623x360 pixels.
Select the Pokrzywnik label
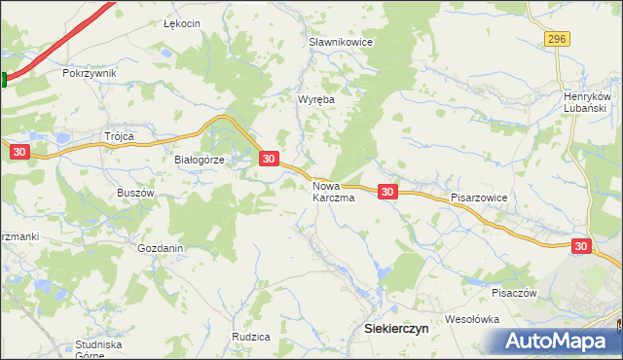[89, 73]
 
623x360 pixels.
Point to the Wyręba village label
[316, 99]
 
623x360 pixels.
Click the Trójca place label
[118, 136]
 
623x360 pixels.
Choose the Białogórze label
[200, 161]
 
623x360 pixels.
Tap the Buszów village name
[135, 193]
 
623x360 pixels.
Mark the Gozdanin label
[161, 248]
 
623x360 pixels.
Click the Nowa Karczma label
[332, 191]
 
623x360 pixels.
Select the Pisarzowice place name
[479, 197]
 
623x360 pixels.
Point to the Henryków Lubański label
[587, 103]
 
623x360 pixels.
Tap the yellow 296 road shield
[557, 38]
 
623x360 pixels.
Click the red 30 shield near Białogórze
[270, 158]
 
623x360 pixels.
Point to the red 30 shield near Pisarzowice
[387, 192]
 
